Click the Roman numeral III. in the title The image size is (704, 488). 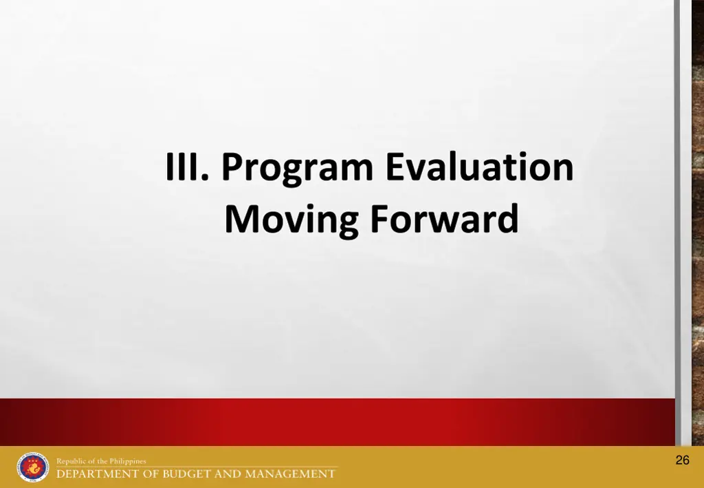coord(186,167)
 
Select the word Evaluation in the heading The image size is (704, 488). coord(479,167)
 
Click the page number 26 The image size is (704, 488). coord(682,460)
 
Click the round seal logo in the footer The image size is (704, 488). coord(33,467)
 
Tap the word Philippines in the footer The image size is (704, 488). coord(128,461)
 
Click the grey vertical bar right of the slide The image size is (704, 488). coord(677,220)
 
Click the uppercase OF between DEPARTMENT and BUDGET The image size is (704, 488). coord(147,474)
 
